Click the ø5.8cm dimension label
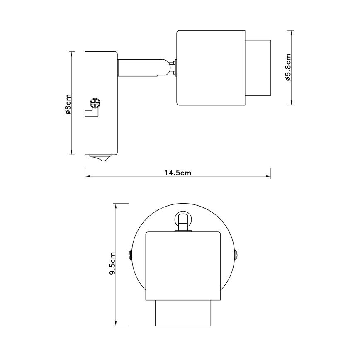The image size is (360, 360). pos(288,68)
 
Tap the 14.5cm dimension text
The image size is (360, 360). pos(178,173)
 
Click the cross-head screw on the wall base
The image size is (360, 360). pos(95,102)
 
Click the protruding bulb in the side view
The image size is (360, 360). pos(258,68)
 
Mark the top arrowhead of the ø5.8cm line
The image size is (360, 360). pos(292,32)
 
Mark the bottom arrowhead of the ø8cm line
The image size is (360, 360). pos(72,152)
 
